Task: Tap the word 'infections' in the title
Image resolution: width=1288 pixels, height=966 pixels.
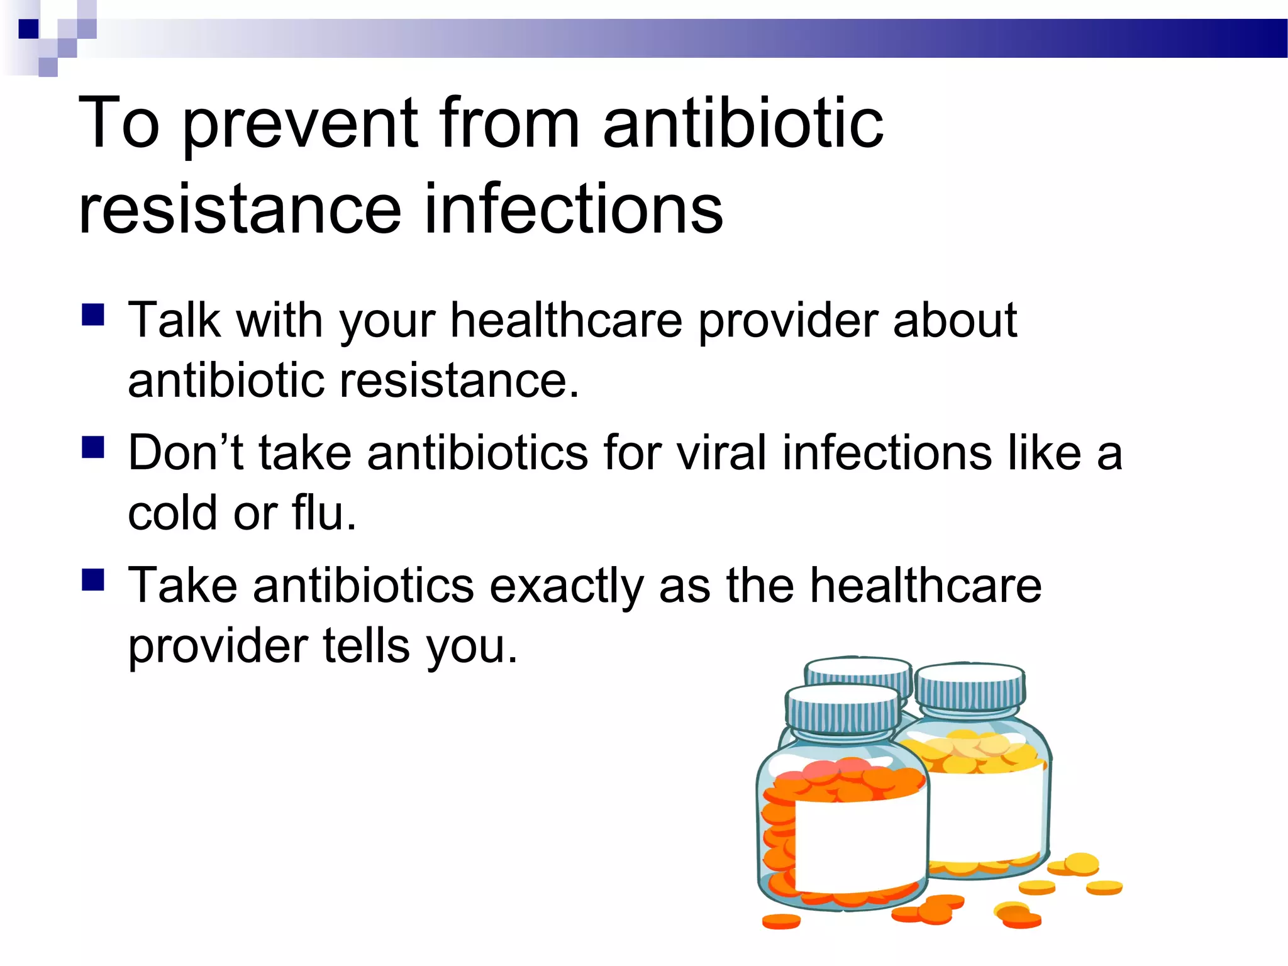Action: click(574, 209)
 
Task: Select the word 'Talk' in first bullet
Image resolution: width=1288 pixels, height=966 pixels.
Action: click(174, 321)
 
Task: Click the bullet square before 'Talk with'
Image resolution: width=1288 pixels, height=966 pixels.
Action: click(93, 314)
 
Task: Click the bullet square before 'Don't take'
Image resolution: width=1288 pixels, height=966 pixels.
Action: click(93, 447)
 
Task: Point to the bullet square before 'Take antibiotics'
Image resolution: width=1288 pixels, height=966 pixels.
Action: click(93, 580)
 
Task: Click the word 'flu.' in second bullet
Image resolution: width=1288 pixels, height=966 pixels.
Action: click(324, 513)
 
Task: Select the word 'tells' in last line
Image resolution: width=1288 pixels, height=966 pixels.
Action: click(365, 646)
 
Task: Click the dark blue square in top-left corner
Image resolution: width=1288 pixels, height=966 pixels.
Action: click(28, 29)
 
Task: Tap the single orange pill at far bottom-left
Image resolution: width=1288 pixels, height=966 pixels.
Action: click(781, 921)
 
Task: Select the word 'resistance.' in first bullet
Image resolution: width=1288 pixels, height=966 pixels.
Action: click(458, 381)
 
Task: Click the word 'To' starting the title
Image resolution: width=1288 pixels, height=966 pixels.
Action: click(119, 124)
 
